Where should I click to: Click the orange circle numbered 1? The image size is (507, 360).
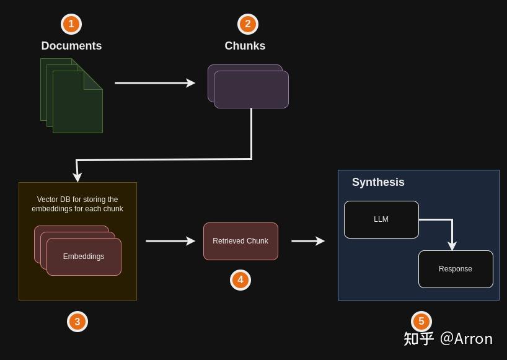[71, 24]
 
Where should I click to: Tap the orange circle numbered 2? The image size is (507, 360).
[248, 24]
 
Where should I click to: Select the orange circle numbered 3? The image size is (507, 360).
[77, 322]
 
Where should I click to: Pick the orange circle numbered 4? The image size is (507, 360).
[240, 280]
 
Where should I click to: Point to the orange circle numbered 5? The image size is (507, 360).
[421, 321]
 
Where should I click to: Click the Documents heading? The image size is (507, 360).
[71, 46]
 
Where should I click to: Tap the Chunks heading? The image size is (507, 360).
[245, 46]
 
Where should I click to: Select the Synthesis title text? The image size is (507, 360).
[378, 182]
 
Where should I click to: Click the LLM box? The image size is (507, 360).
[382, 219]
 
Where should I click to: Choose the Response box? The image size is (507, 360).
[456, 269]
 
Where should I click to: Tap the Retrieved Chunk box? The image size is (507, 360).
[240, 241]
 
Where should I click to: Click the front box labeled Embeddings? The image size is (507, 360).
[84, 257]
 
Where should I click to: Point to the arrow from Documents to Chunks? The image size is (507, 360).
[155, 83]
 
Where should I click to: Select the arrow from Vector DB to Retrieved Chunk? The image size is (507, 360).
[170, 241]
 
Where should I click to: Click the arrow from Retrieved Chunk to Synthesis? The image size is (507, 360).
[308, 241]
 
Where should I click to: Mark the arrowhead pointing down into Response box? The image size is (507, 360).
[452, 245]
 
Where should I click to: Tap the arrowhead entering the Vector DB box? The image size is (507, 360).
[77, 177]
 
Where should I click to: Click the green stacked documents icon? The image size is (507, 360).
[71, 95]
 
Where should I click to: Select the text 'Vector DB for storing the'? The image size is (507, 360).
[77, 200]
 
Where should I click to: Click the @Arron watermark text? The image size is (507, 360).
[466, 339]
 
